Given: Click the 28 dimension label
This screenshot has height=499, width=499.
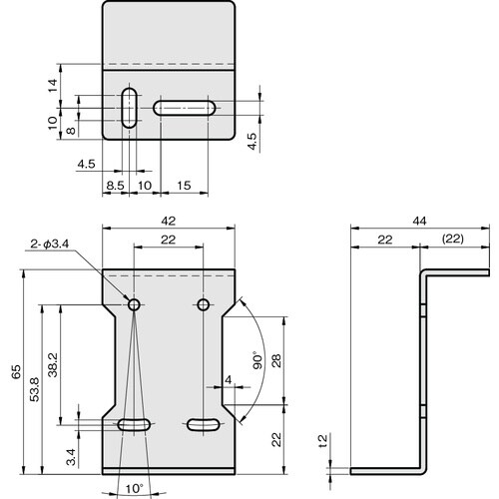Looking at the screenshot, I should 276,360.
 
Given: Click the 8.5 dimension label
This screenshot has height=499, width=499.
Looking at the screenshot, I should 116,185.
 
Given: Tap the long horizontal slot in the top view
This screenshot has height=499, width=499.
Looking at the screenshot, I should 187,108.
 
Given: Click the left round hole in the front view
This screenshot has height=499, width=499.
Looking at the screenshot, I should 132,302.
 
